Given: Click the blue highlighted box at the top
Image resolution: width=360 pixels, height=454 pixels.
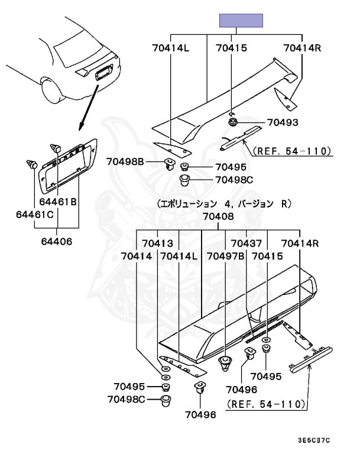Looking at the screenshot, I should tap(241, 21).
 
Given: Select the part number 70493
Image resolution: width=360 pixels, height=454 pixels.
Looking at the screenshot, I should tap(282, 123).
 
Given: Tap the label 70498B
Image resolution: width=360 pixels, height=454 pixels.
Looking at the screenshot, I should tap(125, 161).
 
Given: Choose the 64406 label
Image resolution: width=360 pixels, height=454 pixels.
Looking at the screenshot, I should tap(57, 242).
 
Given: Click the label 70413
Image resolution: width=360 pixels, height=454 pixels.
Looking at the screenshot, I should tap(156, 244).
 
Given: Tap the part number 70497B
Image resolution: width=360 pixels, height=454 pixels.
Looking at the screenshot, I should tap(226, 257).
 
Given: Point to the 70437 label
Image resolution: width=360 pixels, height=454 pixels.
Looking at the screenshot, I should tap(246, 244).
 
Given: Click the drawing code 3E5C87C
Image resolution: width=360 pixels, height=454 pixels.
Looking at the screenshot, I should tap(314, 440).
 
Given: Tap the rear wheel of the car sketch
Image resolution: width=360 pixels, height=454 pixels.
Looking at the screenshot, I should tap(51, 90).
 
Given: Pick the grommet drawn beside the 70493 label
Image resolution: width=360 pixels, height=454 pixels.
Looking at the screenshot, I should tap(234, 123).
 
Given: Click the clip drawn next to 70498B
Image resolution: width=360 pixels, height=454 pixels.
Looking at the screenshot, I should tap(170, 164).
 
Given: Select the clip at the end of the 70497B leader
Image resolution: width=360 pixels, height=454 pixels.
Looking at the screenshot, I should tap(225, 364).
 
